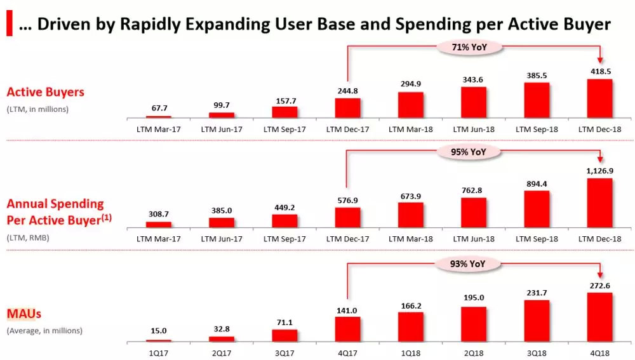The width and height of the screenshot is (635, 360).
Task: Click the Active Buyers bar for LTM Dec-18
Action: coord(599,98)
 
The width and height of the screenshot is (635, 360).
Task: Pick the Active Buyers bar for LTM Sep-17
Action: coord(284,112)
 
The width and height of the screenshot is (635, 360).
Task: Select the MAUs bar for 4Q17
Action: coord(347,329)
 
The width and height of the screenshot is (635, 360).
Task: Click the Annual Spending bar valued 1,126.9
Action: coord(599,202)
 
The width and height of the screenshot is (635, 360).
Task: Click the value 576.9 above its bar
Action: coord(347,200)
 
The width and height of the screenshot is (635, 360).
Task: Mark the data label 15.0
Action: coord(159,331)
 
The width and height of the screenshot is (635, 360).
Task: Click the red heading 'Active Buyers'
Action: coord(45,92)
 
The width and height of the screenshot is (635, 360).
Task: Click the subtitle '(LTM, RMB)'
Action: coord(28,238)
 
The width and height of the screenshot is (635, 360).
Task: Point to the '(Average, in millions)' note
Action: coord(44,331)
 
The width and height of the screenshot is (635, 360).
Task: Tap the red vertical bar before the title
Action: coord(10,24)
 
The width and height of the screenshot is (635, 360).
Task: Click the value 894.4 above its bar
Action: coord(537,183)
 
